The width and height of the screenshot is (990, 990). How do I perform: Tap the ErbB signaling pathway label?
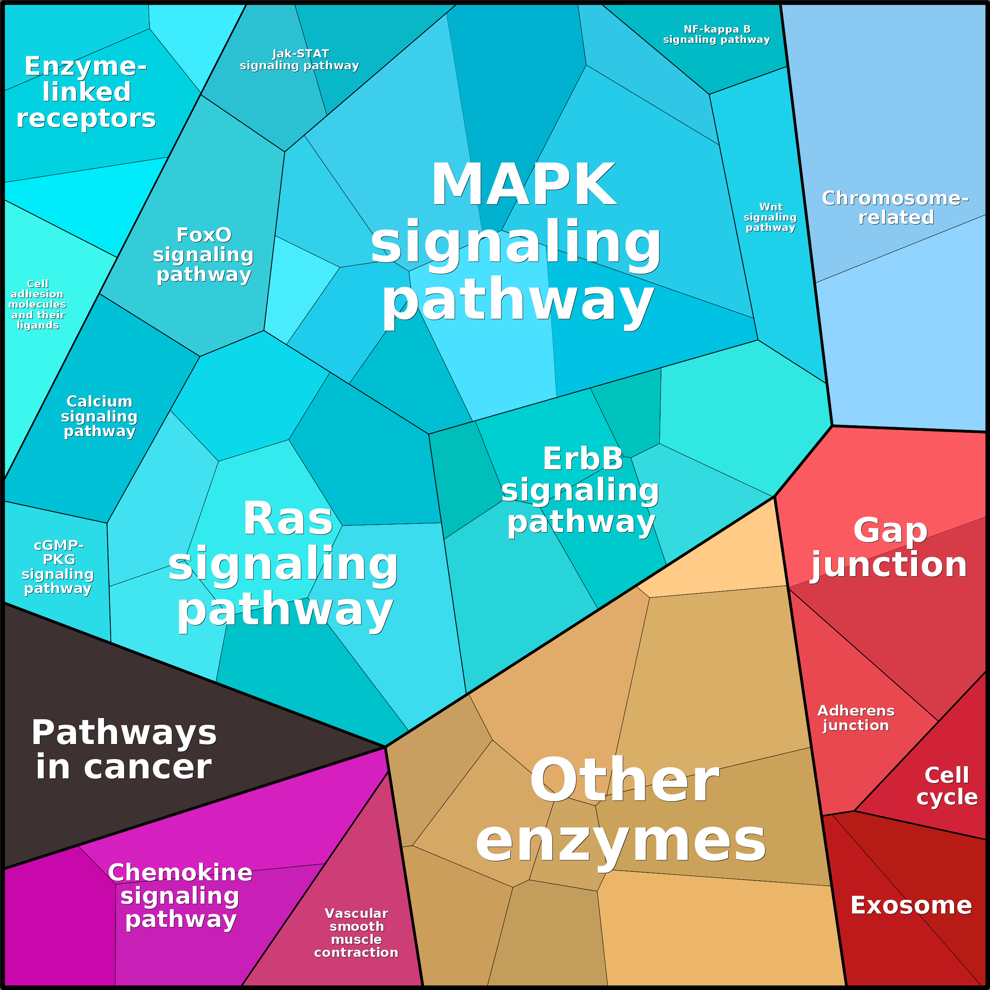point(581,491)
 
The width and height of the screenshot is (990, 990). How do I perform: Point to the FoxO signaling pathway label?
point(203,255)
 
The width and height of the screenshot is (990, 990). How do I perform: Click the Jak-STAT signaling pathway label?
point(300,60)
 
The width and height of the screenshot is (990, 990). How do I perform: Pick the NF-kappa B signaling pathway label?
point(717,34)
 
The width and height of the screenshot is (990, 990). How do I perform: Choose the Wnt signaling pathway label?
point(770,217)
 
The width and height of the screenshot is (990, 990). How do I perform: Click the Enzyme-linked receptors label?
point(86,92)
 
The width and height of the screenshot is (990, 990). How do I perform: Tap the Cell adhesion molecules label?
point(37,304)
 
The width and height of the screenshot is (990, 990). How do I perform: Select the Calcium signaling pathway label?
point(99,416)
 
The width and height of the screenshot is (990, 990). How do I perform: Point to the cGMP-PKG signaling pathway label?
point(58,567)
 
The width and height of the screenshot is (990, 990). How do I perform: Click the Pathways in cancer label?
point(124,749)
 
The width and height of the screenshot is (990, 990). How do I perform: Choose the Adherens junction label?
point(856,718)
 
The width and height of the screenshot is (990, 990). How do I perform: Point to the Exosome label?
point(911,905)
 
